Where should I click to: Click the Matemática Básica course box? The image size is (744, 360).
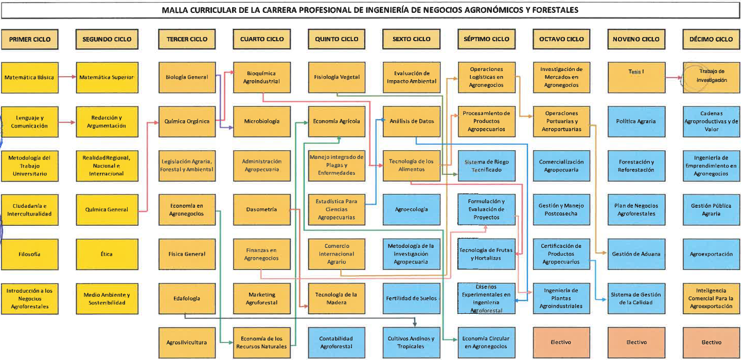coord(29,78)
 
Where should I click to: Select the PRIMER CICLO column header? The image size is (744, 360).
coord(29,39)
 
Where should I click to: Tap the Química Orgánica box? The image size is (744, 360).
coord(187,122)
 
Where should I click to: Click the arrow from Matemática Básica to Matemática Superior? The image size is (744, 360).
coord(67,78)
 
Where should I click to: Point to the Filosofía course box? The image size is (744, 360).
coord(29,254)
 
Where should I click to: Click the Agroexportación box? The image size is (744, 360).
coord(712,254)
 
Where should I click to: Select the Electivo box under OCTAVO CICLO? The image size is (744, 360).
coord(561,342)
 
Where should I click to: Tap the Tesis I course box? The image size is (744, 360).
coord(636,78)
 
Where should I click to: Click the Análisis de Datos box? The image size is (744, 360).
coord(412,122)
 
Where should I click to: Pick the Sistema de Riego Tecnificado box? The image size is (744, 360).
coord(486,166)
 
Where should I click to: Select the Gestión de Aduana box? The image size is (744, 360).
coord(636,254)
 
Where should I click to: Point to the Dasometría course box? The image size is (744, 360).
coord(262,210)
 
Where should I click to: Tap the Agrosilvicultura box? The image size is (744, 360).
coord(187,342)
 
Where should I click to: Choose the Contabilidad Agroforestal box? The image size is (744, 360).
coord(336,342)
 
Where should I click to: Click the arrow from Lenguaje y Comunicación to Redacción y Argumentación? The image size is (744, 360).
coord(67,122)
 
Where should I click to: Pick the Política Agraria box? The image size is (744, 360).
coord(636,122)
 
